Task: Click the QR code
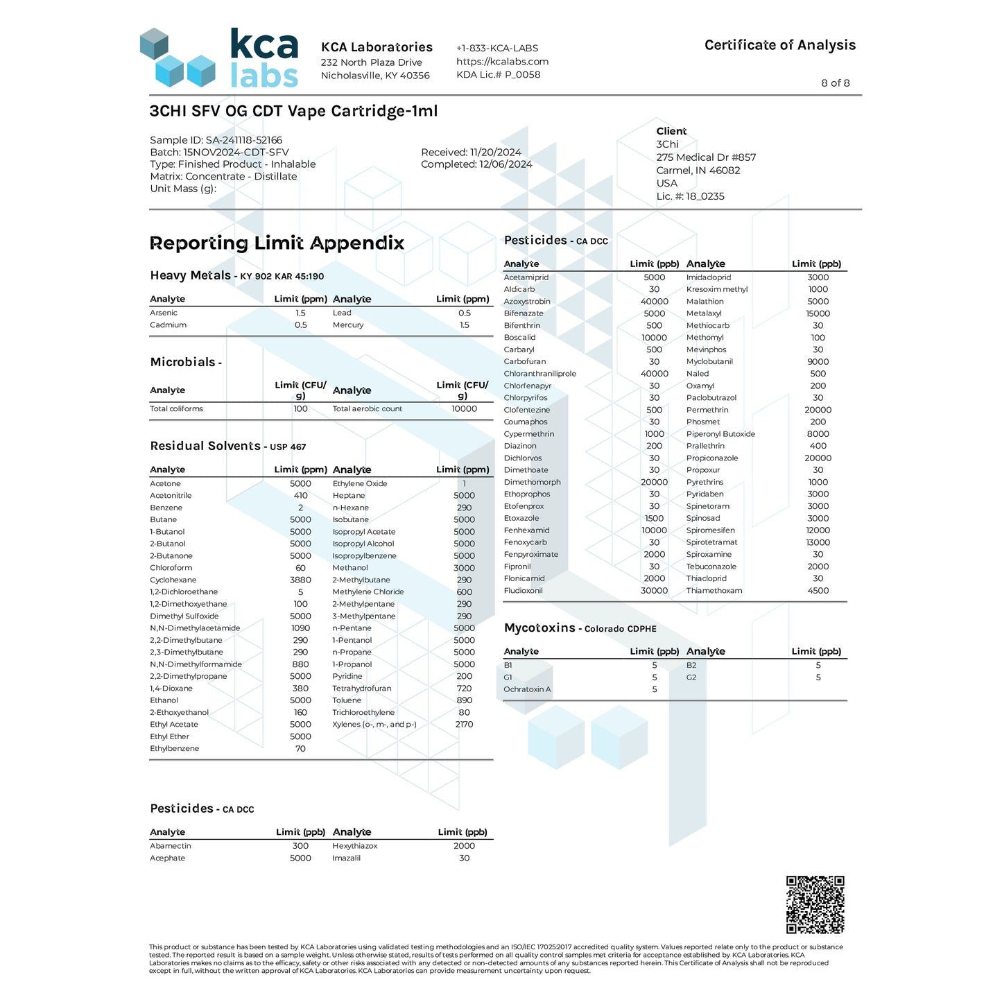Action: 815,904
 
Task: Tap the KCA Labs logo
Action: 219,58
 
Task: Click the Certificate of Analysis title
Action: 779,45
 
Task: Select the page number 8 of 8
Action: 835,83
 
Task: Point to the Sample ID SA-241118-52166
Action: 216,140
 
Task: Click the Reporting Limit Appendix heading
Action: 277,243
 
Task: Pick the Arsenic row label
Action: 164,313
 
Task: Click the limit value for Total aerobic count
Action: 464,409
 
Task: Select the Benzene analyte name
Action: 166,508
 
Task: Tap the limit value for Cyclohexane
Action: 300,580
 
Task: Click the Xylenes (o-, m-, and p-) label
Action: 374,725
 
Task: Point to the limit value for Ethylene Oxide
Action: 464,484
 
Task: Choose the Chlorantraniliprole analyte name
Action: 539,374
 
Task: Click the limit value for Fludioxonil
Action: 654,591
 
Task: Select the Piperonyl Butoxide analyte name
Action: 720,434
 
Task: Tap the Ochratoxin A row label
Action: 527,689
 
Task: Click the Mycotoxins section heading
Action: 539,628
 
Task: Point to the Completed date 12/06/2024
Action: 476,164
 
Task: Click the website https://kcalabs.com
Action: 502,62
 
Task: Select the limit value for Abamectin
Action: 300,846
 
